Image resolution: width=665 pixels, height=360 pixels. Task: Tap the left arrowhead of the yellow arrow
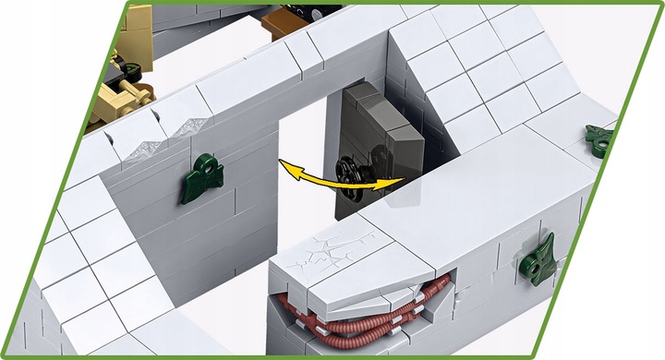[x=285, y=166]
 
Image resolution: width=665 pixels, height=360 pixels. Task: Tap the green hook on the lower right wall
[x=539, y=258]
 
